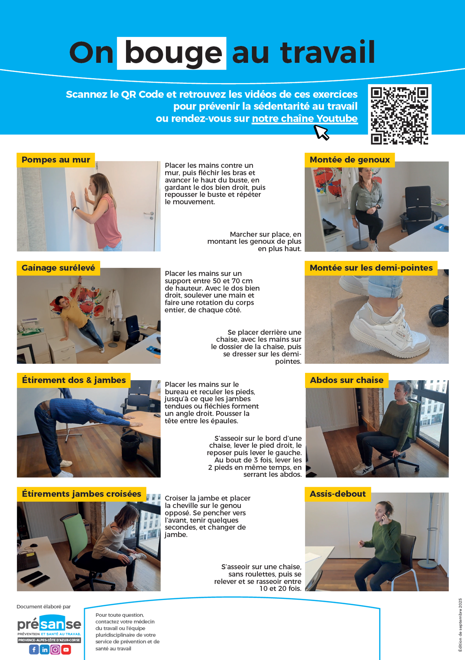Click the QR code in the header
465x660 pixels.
point(399,115)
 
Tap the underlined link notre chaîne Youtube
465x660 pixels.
point(305,118)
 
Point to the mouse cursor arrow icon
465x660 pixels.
point(322,132)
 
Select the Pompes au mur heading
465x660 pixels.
point(56,160)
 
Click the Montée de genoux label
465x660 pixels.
point(350,160)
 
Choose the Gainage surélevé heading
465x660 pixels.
point(58,268)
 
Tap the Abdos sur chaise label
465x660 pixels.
point(347,380)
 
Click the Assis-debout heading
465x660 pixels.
point(338,494)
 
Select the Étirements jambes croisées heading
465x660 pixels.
point(81,494)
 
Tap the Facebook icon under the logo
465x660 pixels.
point(34,650)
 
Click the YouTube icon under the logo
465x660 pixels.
point(66,650)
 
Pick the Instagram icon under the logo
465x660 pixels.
point(55,650)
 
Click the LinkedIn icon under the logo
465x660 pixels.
point(45,650)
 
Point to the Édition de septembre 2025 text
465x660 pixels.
point(460,625)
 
